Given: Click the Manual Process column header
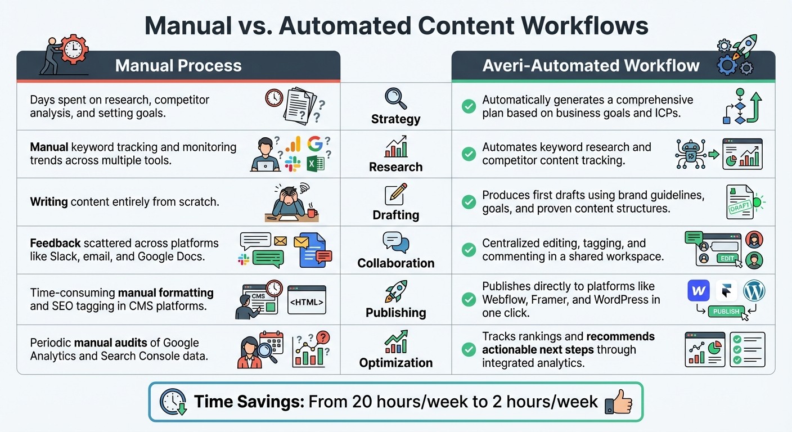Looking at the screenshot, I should tap(178, 66).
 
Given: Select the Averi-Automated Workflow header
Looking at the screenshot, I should tap(591, 66).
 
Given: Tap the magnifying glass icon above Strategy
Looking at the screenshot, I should tap(395, 98).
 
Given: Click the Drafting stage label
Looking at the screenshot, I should tap(395, 215).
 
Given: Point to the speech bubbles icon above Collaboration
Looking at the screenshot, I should tap(395, 242).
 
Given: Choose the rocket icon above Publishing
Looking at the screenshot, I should tap(395, 291).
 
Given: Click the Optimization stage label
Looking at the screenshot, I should tap(395, 363).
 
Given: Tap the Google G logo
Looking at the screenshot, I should tap(315, 145).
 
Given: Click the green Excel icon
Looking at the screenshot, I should tap(315, 164).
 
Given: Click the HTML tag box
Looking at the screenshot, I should tap(306, 302).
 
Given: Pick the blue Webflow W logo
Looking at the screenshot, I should tap(699, 291).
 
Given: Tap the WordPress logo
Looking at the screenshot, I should tap(754, 291).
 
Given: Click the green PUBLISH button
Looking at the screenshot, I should tap(726, 312).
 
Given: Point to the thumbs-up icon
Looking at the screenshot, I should tap(618, 403).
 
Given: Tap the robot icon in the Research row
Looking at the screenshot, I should tap(690, 153).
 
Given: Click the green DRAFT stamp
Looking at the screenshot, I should tap(740, 207).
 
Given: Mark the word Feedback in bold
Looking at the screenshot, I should tap(55, 244).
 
